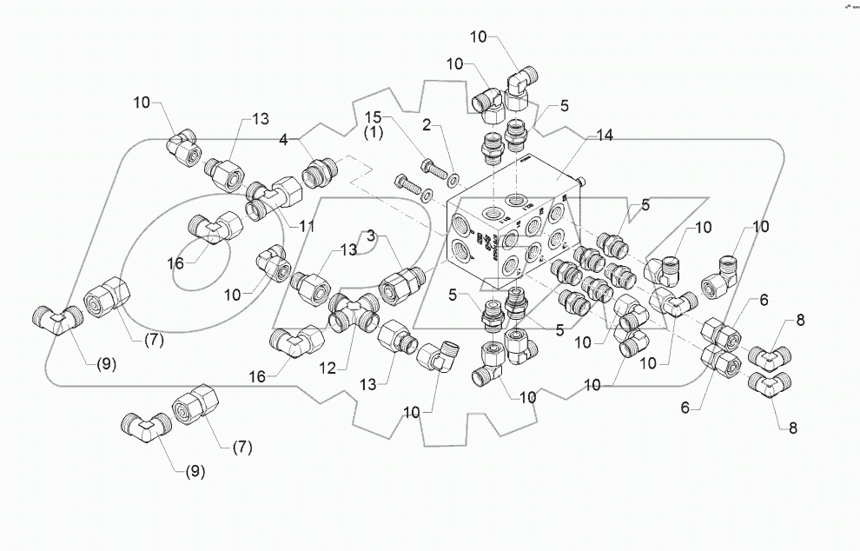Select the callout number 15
373,116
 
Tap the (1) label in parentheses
373,133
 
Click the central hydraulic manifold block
513,235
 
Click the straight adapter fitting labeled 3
400,283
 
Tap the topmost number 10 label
479,37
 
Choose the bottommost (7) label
243,448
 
